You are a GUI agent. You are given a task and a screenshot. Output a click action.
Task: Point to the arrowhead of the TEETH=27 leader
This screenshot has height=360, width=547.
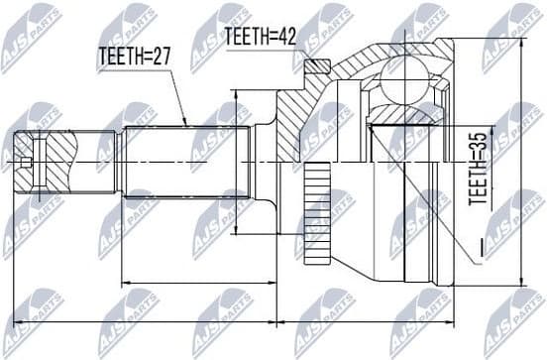185,123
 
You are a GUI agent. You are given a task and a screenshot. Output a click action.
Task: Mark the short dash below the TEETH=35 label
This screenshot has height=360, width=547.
478,244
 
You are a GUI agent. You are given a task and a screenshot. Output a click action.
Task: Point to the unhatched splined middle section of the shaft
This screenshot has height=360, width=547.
184,159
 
